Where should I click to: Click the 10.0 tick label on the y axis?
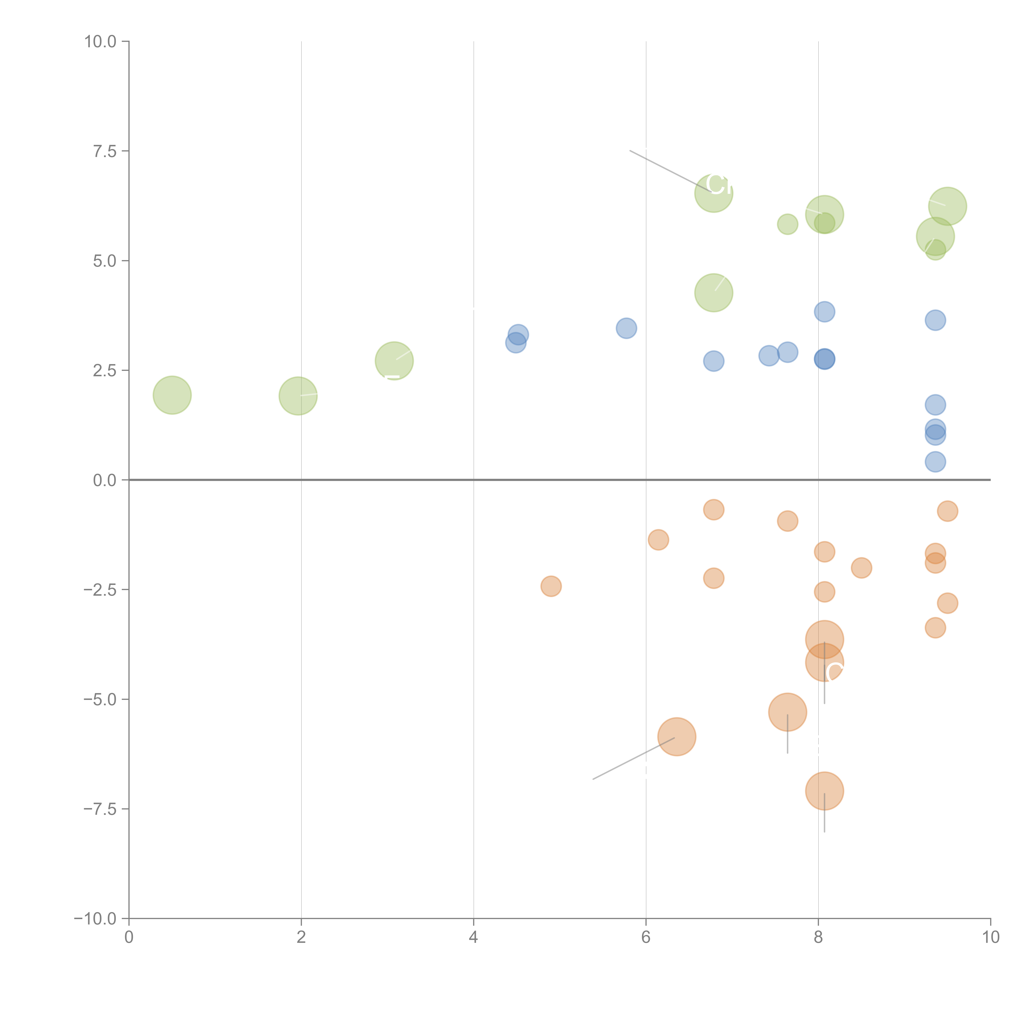coord(101,42)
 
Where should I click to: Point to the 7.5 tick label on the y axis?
coord(105,151)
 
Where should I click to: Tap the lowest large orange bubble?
coord(824,791)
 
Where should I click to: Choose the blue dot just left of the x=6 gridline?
coord(626,328)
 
